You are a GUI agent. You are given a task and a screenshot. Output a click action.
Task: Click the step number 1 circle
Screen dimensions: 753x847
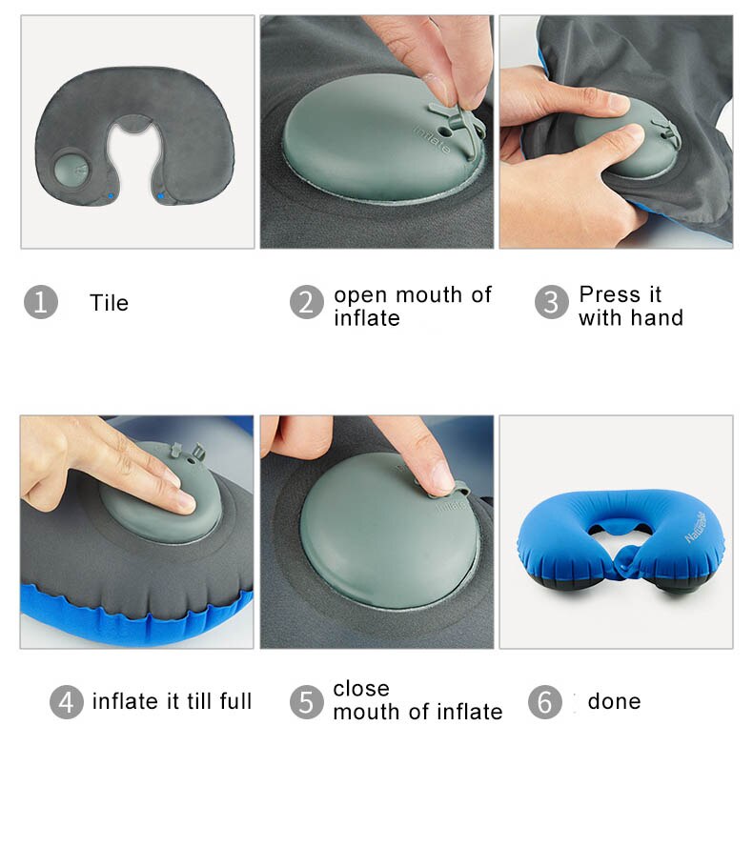point(41,302)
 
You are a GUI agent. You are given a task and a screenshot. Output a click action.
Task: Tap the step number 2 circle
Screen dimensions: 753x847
point(307,302)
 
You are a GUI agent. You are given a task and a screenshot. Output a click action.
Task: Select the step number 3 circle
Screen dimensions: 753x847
point(551,302)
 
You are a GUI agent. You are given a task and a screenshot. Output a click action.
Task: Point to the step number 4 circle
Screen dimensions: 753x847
point(67,701)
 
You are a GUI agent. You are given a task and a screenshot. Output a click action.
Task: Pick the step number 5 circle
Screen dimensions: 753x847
point(307,701)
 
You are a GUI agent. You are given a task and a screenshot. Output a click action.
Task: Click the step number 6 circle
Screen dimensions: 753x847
point(545,701)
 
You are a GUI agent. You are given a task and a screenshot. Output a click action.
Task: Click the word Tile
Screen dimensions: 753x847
point(110,303)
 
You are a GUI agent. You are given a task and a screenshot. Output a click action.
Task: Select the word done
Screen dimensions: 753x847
point(614,701)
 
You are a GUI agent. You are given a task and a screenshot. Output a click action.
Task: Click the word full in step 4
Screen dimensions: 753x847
point(235,701)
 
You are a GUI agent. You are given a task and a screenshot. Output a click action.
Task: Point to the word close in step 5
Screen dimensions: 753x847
point(361,689)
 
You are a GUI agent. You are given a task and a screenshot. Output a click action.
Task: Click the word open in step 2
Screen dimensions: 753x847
point(360,296)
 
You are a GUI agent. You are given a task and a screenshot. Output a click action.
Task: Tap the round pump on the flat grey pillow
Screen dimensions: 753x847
point(71,168)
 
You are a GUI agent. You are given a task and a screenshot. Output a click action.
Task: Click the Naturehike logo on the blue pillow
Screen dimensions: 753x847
point(695,527)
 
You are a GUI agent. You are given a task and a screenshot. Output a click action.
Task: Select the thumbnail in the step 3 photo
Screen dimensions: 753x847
point(617,101)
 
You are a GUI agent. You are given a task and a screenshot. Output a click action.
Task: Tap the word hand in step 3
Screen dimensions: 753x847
point(659,317)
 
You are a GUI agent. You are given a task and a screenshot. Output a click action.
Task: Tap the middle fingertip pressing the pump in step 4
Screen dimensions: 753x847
point(183,501)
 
